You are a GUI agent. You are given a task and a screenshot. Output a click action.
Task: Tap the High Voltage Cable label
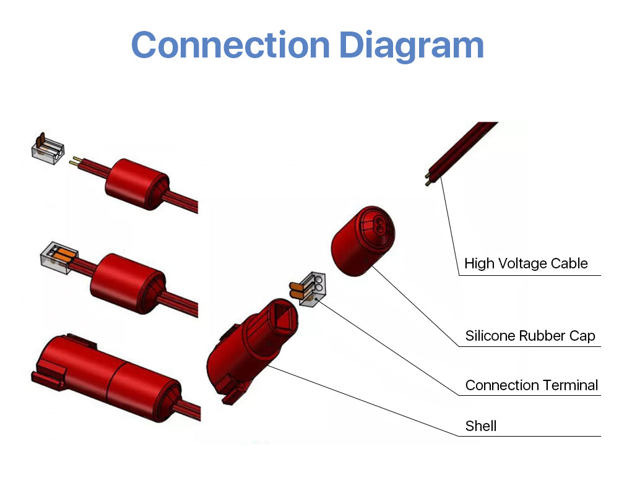(526, 263)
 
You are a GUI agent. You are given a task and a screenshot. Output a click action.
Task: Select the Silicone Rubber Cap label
(530, 336)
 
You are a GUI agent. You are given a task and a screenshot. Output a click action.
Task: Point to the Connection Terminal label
(531, 385)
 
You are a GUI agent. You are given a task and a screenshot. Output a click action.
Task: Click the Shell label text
(481, 425)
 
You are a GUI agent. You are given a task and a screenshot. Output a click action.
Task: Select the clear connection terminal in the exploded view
(314, 288)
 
